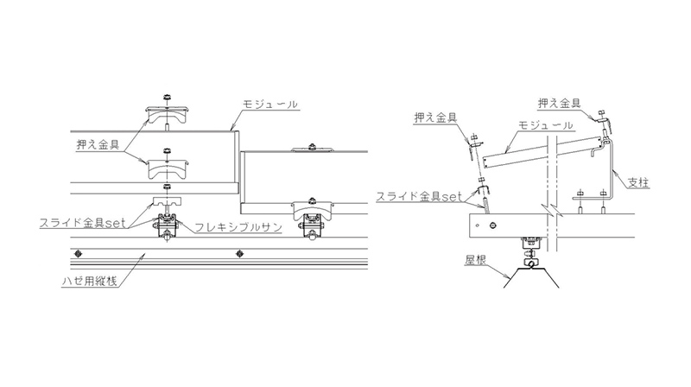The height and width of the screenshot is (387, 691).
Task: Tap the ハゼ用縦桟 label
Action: click(90, 281)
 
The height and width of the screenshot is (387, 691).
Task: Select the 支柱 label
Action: click(638, 181)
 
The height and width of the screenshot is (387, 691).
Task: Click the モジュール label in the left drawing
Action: click(270, 105)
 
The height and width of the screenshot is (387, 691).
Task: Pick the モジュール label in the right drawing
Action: click(546, 125)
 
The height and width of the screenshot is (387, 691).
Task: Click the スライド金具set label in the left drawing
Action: click(83, 223)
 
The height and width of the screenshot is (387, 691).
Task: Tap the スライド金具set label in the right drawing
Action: click(419, 196)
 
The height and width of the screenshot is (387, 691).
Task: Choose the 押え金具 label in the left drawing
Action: click(98, 144)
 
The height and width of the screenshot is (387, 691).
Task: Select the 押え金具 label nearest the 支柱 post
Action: click(559, 103)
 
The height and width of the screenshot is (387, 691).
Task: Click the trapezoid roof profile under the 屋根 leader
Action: click(531, 276)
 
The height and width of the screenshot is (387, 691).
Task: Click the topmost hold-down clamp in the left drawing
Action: click(168, 115)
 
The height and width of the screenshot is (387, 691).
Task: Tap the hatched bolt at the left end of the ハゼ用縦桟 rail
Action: click(79, 253)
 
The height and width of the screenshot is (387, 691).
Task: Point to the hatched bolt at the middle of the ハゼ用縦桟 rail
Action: click(240, 253)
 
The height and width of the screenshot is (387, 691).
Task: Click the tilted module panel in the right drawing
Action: click(543, 152)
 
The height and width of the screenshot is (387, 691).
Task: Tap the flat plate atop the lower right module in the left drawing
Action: click(312, 149)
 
